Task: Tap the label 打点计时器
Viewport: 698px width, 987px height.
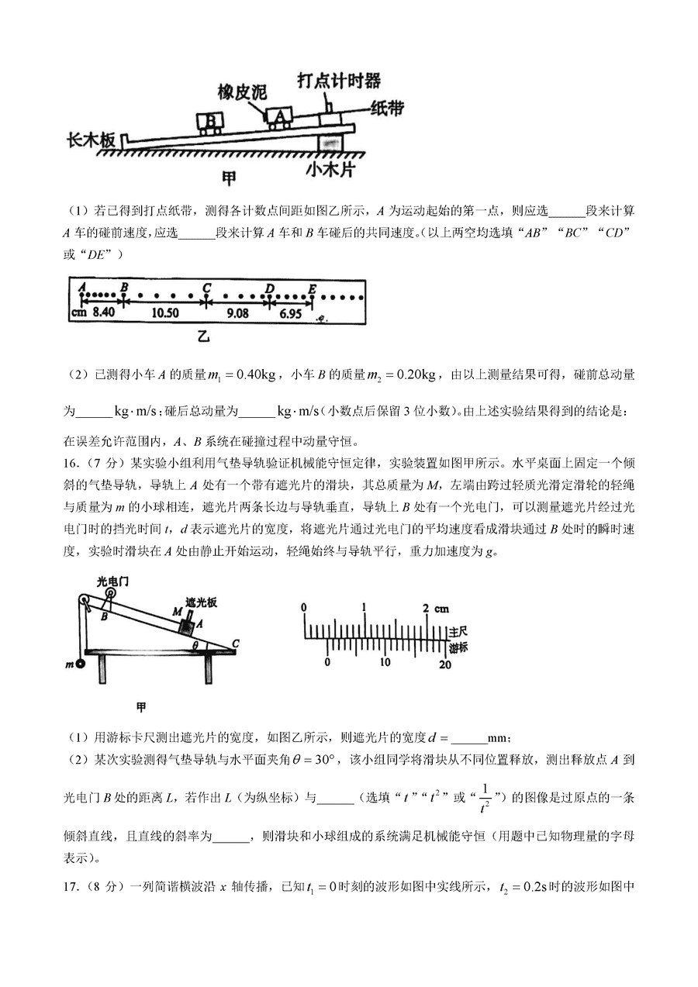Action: click(339, 81)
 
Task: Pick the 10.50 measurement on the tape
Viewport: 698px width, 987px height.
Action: click(165, 313)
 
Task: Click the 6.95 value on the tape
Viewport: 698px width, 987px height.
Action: click(289, 313)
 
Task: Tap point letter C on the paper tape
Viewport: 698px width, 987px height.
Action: click(206, 287)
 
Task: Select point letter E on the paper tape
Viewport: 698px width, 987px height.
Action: click(312, 287)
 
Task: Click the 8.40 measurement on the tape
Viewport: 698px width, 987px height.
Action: click(104, 313)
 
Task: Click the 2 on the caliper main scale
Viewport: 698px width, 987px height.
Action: click(425, 607)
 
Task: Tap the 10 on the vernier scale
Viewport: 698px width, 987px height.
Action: click(385, 662)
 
